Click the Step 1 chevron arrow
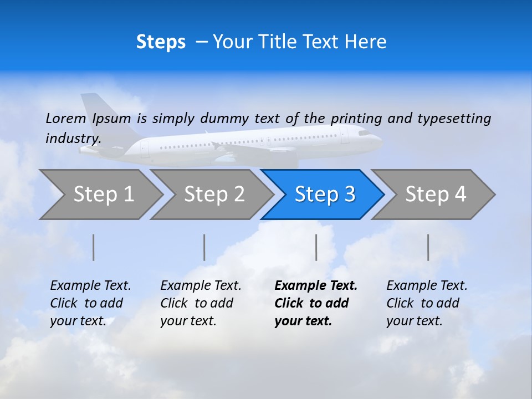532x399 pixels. [103, 195]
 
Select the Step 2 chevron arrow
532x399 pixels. [214, 195]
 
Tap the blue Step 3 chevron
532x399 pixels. [325, 195]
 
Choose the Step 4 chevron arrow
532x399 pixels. [436, 195]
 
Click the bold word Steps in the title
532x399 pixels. [161, 42]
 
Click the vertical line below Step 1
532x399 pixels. [94, 247]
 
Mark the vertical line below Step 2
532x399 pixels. [204, 247]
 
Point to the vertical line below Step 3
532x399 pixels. [316, 247]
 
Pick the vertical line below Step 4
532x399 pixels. [428, 247]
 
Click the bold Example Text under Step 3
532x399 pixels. [316, 286]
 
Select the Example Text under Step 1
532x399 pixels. [90, 286]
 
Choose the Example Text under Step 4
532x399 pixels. [427, 286]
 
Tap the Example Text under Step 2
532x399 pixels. [201, 286]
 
